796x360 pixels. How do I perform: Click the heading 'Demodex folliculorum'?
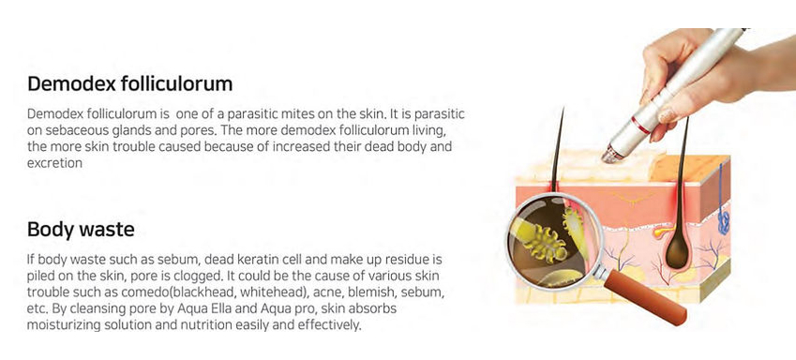[x=130, y=83]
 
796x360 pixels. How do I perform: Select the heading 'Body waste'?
[x=81, y=230]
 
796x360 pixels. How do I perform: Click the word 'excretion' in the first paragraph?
[x=54, y=163]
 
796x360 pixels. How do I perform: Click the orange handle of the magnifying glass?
[x=645, y=296]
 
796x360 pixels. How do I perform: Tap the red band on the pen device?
[x=640, y=126]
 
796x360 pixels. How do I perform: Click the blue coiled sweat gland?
[x=724, y=222]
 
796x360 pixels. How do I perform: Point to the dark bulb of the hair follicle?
[x=677, y=248]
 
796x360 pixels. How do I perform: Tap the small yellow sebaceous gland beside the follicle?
[x=660, y=232]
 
